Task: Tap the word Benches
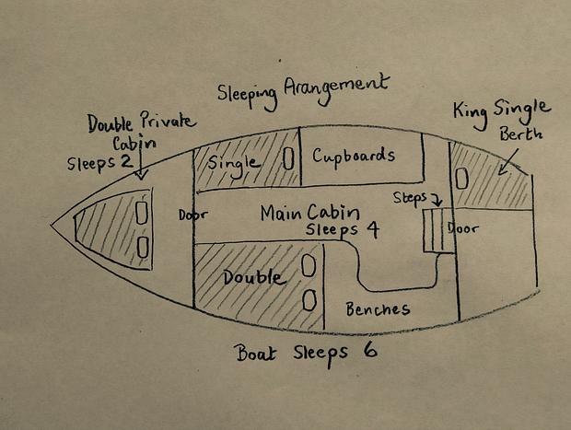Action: pyautogui.click(x=378, y=309)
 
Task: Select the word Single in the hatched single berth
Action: pyautogui.click(x=233, y=165)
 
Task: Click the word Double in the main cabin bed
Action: pyautogui.click(x=253, y=278)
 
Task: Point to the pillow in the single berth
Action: pyautogui.click(x=288, y=158)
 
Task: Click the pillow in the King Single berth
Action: pyautogui.click(x=461, y=179)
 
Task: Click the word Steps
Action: pyautogui.click(x=410, y=199)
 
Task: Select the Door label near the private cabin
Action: pyautogui.click(x=193, y=215)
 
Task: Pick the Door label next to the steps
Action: pyautogui.click(x=463, y=228)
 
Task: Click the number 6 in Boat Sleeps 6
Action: pyautogui.click(x=369, y=350)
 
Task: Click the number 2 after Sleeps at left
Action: pyautogui.click(x=127, y=160)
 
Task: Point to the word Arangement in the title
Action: pyautogui.click(x=336, y=88)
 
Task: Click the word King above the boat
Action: pyautogui.click(x=471, y=114)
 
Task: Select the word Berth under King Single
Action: pyautogui.click(x=520, y=134)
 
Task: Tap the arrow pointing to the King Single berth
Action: pyautogui.click(x=509, y=161)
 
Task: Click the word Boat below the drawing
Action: pyautogui.click(x=256, y=353)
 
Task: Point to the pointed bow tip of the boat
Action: pyautogui.click(x=51, y=225)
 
